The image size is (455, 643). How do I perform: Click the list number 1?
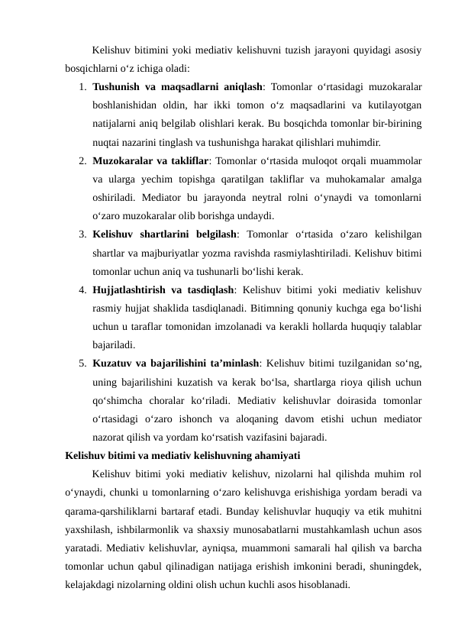coord(81,84)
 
